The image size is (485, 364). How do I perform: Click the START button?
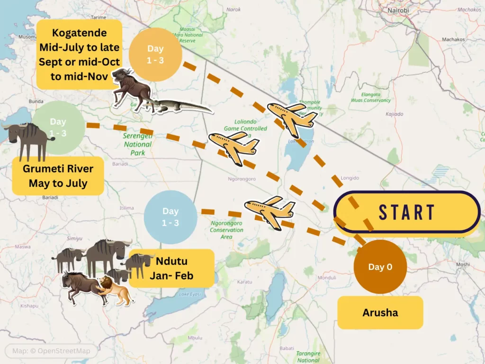tap(406, 213)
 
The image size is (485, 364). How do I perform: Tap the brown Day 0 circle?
tap(380, 267)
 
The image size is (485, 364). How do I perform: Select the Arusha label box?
tap(380, 313)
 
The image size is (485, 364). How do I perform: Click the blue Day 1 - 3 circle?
tap(171, 217)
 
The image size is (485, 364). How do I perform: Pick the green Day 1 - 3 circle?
tap(58, 127)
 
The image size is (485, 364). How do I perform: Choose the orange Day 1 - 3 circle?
tap(155, 55)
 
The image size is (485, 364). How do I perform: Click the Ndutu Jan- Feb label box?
tap(171, 268)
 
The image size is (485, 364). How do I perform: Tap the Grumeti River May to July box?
tap(58, 176)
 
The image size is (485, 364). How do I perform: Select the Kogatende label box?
tap(79, 55)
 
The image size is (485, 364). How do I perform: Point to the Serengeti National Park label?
tap(137, 144)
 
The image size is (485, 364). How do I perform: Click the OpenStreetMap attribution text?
tap(51, 351)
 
